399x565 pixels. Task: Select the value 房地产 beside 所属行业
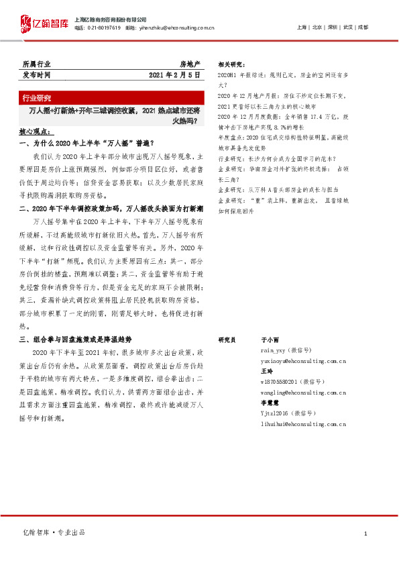190,64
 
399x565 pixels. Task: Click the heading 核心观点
35,132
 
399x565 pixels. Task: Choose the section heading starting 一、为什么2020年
87,143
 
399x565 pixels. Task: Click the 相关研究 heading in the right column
231,64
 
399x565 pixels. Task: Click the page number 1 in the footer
365,533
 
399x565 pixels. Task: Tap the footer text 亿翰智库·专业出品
54,533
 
